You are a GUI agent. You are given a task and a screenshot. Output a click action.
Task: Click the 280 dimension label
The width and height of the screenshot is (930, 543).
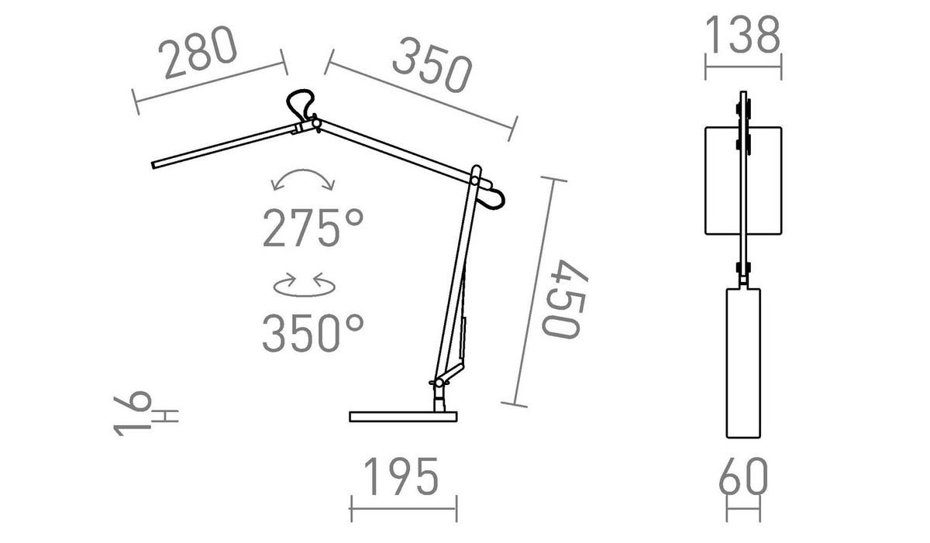[198, 52]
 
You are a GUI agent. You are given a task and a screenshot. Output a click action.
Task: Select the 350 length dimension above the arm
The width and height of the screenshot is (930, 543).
[432, 65]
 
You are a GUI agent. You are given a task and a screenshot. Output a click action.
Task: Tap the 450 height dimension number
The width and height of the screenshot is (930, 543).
[565, 299]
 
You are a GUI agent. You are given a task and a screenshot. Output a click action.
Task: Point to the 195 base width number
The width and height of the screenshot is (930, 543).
[401, 476]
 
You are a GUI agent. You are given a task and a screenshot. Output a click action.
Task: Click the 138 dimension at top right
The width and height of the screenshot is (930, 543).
[742, 35]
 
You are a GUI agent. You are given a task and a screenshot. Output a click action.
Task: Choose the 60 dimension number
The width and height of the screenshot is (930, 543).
[743, 476]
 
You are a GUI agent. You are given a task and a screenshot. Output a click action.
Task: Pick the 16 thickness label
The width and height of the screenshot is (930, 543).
[132, 413]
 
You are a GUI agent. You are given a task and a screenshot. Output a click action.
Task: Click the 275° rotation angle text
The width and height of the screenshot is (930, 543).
[313, 229]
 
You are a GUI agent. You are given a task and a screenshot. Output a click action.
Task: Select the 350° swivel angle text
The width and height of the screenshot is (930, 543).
[313, 333]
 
